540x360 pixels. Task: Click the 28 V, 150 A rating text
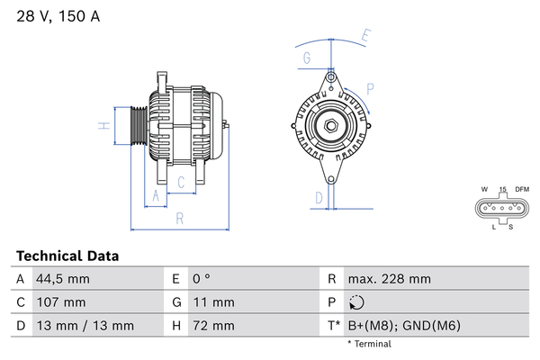pos(58,16)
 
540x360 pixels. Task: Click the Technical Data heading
pos(67,256)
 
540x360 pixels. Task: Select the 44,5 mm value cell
pos(63,279)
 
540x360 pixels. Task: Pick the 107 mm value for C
pos(61,302)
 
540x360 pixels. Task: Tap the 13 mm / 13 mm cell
pos(85,326)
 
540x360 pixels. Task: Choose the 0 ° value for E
pos(202,279)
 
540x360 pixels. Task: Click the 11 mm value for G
pos(213,302)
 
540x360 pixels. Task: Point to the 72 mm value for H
pos(213,326)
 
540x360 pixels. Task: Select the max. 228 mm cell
pos(390,279)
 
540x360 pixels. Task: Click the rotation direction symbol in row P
pos(356,302)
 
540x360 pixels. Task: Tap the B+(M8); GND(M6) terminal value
pos(404,326)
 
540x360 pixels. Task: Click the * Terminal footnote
pos(370,344)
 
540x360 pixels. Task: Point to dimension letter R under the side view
pos(180,219)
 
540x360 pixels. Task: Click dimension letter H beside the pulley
pos(104,126)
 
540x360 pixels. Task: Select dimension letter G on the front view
pos(307,58)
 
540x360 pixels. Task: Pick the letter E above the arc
pos(366,36)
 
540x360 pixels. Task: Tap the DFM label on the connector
pos(522,189)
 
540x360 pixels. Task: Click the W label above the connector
pos(484,189)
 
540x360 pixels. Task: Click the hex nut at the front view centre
pos(331,126)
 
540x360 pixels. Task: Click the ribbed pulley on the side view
pos(139,126)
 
